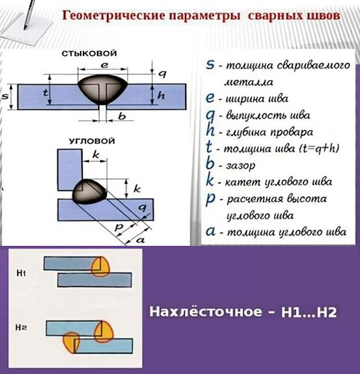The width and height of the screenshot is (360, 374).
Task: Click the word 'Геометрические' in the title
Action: click(114, 16)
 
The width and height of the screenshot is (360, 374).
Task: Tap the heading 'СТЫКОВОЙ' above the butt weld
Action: click(89, 53)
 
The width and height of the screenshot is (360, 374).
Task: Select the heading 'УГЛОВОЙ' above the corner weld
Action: click(92, 141)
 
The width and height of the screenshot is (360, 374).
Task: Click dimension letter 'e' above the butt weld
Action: click(104, 64)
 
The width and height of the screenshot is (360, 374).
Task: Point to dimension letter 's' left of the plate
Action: click(5, 96)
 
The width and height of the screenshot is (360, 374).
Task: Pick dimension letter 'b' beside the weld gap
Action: click(122, 116)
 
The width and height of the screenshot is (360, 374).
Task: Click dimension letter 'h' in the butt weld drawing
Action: click(161, 95)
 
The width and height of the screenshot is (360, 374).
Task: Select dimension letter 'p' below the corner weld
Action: click(118, 227)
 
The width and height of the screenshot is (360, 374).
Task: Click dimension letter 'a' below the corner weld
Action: click(140, 240)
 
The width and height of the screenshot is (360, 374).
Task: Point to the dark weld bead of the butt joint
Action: click(103, 89)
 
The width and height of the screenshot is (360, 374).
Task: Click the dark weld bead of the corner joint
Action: click(89, 192)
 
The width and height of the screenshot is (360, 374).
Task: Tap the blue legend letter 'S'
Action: click(210, 64)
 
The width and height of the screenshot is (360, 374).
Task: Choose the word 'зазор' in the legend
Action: click(240, 166)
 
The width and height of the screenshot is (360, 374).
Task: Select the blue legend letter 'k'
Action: click(210, 181)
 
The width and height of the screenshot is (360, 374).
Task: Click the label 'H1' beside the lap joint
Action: click(21, 273)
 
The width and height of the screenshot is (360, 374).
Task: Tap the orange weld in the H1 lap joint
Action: click(100, 267)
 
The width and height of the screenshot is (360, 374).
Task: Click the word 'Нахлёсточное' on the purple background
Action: click(206, 311)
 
